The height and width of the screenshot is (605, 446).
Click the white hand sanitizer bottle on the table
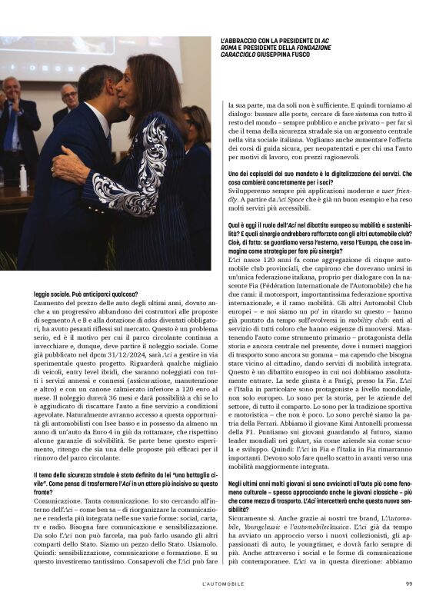coord(23,178)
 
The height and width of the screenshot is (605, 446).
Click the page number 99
coord(409,582)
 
